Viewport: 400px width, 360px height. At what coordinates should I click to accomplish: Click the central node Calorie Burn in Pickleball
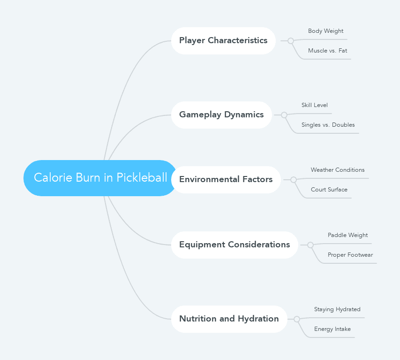tap(100, 178)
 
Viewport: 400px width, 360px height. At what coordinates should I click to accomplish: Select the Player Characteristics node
tap(223, 40)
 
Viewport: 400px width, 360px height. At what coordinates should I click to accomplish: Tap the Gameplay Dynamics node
tap(221, 115)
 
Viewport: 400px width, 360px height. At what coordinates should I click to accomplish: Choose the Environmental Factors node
tap(226, 179)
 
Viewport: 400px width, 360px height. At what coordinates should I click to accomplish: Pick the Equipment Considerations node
tap(234, 245)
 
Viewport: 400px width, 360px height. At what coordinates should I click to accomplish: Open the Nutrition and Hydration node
tap(229, 319)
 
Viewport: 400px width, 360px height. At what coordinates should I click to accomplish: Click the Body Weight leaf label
tap(325, 31)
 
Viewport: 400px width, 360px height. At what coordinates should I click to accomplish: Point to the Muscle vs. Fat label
tap(327, 51)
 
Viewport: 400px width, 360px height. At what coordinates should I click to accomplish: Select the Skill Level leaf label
tap(314, 105)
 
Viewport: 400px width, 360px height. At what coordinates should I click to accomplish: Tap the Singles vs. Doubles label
tap(328, 125)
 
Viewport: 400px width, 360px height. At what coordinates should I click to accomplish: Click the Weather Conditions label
tap(337, 170)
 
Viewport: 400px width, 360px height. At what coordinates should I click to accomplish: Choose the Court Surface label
tap(329, 190)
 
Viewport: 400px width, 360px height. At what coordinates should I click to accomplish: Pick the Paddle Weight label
tap(347, 235)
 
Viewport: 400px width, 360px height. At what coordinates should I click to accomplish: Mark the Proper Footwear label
tap(350, 255)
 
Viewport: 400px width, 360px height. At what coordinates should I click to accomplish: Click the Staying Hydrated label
tap(337, 309)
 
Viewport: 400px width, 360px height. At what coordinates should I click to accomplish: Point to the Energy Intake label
tap(332, 329)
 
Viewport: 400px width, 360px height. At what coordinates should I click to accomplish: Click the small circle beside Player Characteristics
tap(291, 41)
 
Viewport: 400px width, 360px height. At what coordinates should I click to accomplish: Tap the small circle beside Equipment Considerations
tap(310, 245)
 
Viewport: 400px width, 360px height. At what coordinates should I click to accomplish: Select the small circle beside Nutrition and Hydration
tap(297, 319)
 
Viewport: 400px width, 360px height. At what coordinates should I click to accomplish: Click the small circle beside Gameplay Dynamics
tap(284, 115)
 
